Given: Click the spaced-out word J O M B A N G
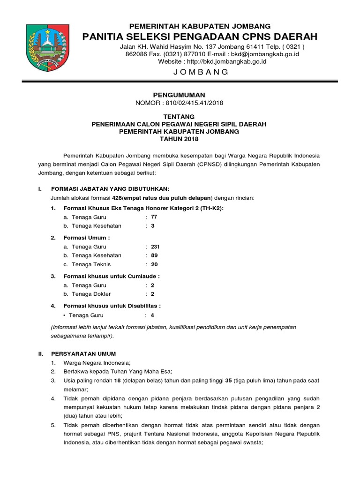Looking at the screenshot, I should pyautogui.click(x=201, y=72).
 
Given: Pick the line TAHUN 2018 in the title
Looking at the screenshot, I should pyautogui.click(x=179, y=139).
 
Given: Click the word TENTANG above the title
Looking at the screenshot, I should pyautogui.click(x=179, y=117).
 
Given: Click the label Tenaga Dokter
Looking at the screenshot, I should pyautogui.click(x=91, y=294).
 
